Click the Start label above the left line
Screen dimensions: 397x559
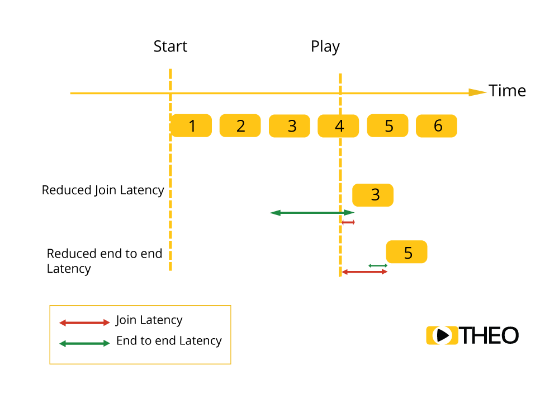(x=170, y=46)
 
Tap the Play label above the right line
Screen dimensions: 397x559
(x=325, y=47)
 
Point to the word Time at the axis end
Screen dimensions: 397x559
(x=508, y=91)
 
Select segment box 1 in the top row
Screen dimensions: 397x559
(x=192, y=126)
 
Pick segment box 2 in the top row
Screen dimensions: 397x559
(x=240, y=126)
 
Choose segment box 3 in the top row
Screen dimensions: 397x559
(x=290, y=126)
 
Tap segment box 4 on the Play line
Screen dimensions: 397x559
(x=339, y=126)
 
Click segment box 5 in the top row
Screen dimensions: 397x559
(x=388, y=126)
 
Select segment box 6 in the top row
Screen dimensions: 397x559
(x=437, y=126)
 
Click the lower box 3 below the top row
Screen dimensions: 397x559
(x=373, y=195)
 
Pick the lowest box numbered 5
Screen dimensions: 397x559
(x=407, y=253)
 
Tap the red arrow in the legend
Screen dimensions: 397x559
(x=84, y=323)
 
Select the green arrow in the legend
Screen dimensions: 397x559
(x=84, y=343)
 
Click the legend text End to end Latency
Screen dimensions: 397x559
(x=168, y=341)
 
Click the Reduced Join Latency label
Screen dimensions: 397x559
(x=103, y=190)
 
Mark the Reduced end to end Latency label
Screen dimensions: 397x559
(x=104, y=261)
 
